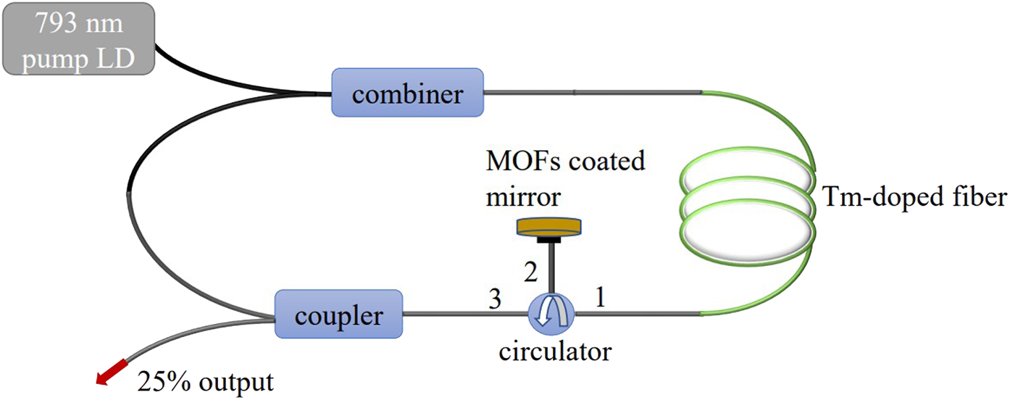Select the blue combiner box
pos(407,92)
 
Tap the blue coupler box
pos(338,314)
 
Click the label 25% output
pos(205,381)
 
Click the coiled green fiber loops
pos(746,218)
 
